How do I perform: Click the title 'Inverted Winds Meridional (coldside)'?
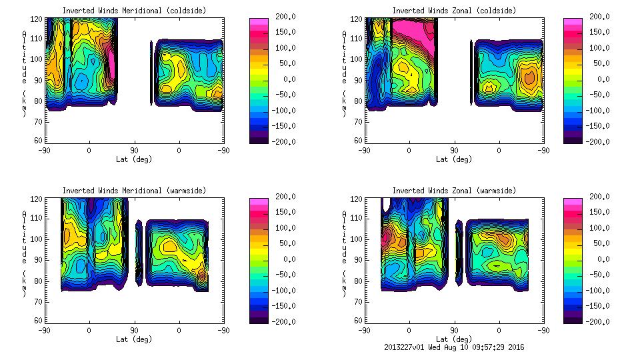(x=134, y=11)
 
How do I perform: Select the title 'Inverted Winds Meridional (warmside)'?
(x=134, y=191)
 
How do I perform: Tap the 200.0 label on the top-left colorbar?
(x=282, y=17)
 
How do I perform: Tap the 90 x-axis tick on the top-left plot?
(x=134, y=150)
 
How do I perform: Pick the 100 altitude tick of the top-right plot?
(x=354, y=59)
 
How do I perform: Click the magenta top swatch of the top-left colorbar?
(x=258, y=23)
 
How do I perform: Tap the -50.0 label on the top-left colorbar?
(x=282, y=95)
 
